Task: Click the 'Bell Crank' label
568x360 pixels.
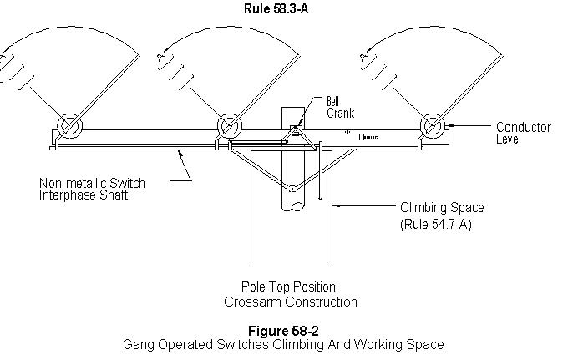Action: (x=315, y=107)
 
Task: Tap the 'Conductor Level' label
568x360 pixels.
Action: (x=523, y=133)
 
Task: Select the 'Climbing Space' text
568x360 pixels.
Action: (x=442, y=207)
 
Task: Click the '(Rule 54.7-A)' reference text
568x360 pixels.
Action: (x=436, y=224)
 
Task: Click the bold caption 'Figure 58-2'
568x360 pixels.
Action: (x=282, y=329)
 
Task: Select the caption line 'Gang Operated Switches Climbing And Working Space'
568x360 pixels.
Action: (x=283, y=344)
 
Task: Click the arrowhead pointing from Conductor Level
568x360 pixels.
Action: (x=452, y=127)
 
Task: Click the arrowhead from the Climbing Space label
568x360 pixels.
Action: (x=337, y=205)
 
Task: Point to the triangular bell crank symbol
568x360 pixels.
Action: (x=295, y=131)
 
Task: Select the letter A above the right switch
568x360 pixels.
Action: (x=363, y=57)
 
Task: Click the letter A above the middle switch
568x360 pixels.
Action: (x=160, y=57)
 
